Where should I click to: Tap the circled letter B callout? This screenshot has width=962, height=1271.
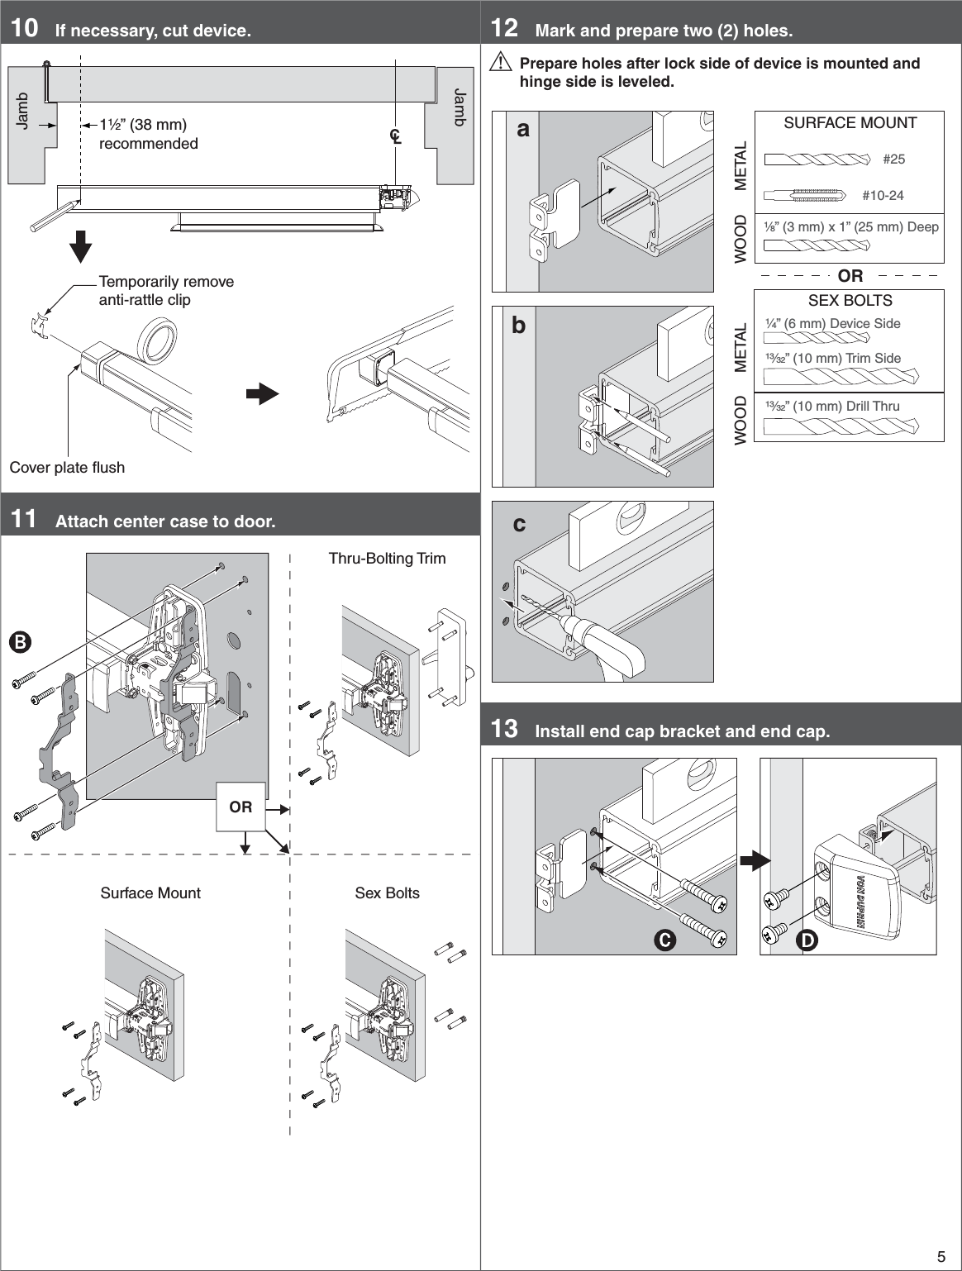[x=20, y=641]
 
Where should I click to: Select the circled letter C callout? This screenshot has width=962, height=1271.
[x=664, y=940]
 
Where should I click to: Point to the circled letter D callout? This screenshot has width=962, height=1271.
[x=807, y=940]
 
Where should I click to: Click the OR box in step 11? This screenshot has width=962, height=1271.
[x=240, y=807]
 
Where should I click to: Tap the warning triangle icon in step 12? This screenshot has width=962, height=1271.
[x=500, y=62]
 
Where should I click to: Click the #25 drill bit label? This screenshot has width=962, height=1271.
[x=893, y=159]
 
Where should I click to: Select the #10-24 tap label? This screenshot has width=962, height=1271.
[x=883, y=195]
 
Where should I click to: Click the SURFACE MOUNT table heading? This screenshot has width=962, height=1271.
[x=850, y=123]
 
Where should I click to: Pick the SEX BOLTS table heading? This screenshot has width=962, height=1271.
[x=850, y=301]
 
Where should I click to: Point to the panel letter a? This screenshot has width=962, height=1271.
[x=523, y=129]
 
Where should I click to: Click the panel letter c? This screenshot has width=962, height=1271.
[x=519, y=524]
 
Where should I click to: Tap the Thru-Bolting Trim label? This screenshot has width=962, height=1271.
[x=387, y=559]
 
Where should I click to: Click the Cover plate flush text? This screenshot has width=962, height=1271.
[x=67, y=468]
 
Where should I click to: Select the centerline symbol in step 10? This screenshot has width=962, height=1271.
[x=397, y=136]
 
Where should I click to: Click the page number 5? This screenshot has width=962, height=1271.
[x=941, y=1257]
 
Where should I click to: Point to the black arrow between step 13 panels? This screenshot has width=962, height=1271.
[x=754, y=861]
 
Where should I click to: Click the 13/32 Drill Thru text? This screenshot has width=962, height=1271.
[x=832, y=406]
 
